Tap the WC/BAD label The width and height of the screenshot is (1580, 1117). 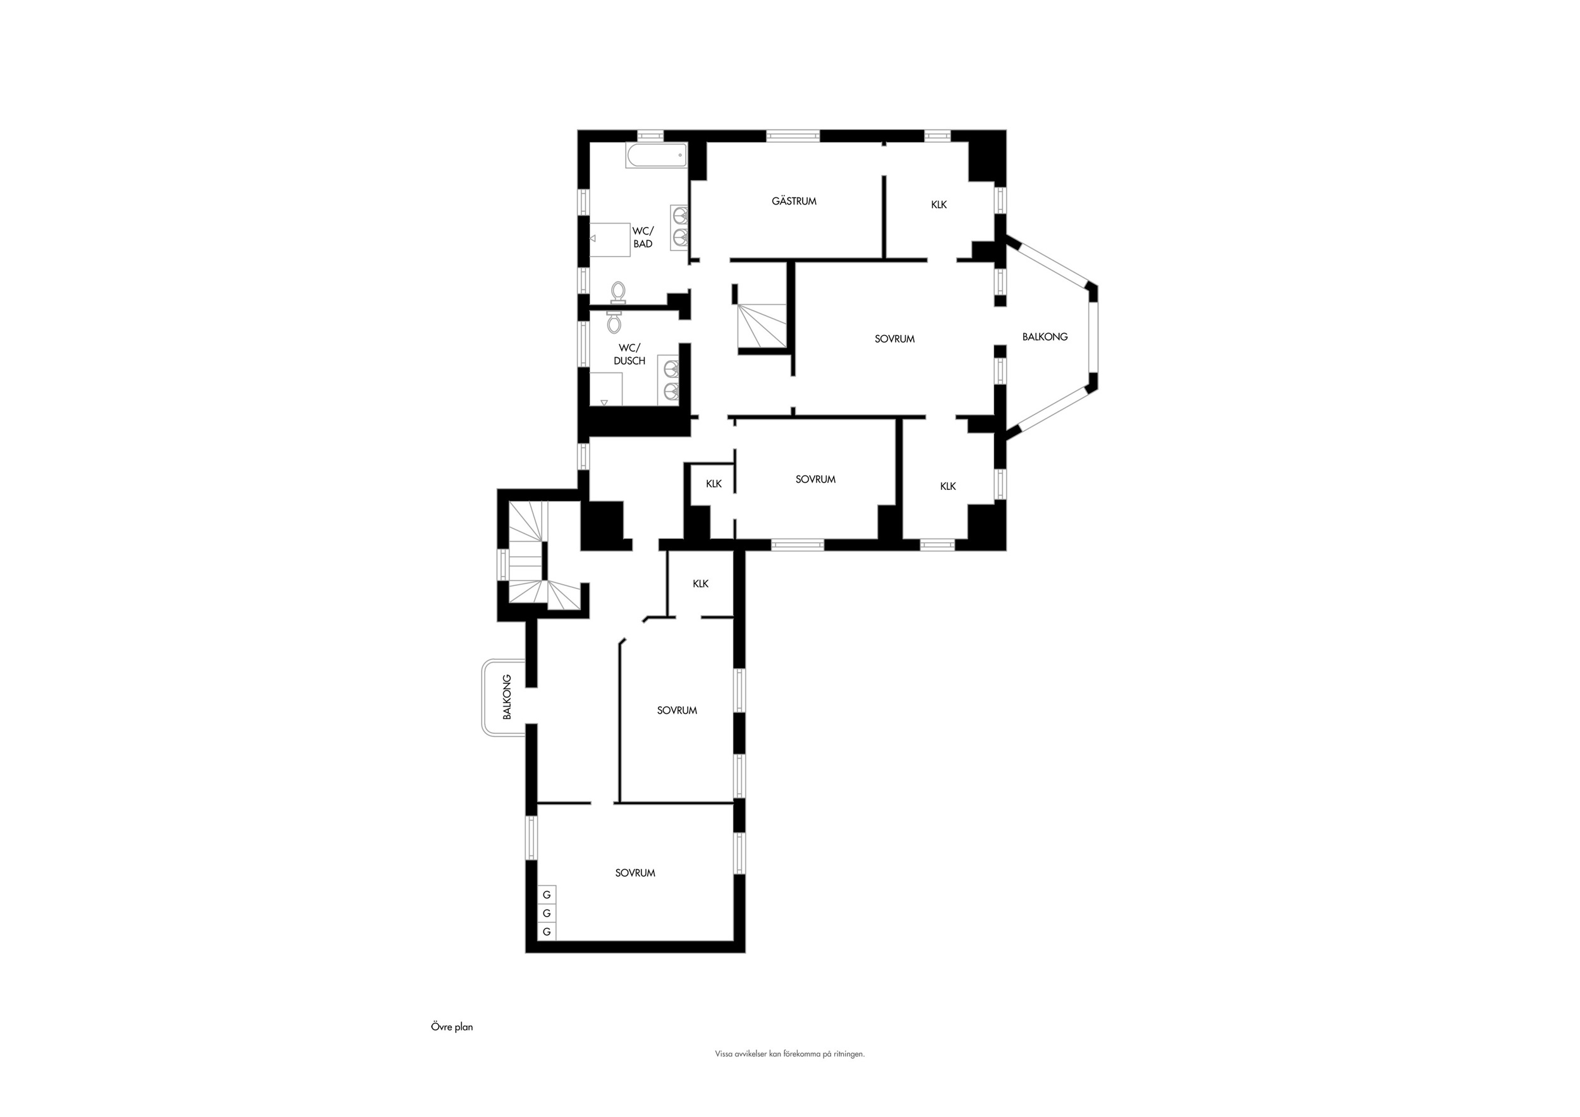(x=643, y=238)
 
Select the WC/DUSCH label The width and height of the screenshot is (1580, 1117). (x=629, y=355)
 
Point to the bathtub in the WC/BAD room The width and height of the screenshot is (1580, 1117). (x=657, y=156)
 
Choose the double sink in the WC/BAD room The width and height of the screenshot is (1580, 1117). (x=680, y=226)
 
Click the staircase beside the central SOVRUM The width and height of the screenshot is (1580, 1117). (x=761, y=327)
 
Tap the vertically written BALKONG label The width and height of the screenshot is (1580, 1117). (x=507, y=697)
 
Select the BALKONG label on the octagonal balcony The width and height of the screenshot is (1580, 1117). (x=1045, y=336)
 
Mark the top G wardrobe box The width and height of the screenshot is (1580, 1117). (x=547, y=894)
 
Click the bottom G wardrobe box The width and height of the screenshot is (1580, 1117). (x=547, y=932)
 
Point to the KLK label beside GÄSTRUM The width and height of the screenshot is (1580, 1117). (x=939, y=204)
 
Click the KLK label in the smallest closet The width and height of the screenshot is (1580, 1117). (x=714, y=484)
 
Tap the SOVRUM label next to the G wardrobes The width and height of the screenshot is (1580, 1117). (x=635, y=873)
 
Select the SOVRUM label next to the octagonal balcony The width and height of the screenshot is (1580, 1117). (x=895, y=339)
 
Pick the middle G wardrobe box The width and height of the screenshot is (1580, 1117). (x=547, y=913)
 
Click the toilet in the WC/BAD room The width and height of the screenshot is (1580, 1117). (x=619, y=292)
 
